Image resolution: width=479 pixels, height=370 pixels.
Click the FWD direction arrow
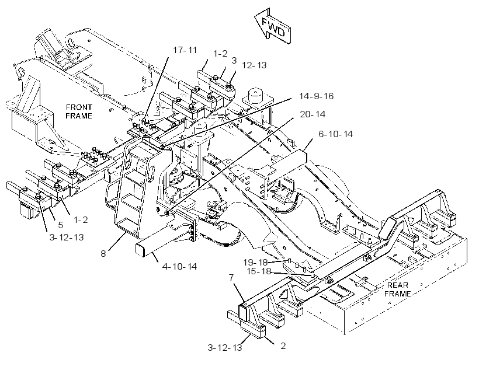tap(272, 27)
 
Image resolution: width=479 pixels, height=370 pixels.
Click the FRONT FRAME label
tap(79, 111)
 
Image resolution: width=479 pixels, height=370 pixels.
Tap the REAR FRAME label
tap(397, 289)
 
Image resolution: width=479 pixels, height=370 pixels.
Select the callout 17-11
tap(185, 50)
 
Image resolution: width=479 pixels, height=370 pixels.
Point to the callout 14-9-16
tap(316, 96)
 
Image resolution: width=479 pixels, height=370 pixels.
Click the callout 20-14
tap(313, 114)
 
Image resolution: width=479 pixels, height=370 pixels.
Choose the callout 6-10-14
tap(335, 134)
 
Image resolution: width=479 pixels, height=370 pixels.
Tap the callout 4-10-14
tap(180, 267)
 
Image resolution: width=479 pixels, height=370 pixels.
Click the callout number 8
tap(103, 253)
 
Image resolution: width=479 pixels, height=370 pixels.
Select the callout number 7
tap(231, 278)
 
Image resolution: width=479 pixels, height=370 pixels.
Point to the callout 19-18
tap(255, 262)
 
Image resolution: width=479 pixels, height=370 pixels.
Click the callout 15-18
tap(259, 271)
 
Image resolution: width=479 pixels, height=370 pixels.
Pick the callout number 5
tap(61, 225)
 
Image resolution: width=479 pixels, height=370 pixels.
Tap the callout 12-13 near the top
tap(254, 65)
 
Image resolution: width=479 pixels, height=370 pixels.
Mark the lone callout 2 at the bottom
tap(283, 346)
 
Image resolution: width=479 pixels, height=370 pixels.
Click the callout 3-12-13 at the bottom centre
tap(225, 347)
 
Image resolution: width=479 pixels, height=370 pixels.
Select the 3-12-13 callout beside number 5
tap(67, 237)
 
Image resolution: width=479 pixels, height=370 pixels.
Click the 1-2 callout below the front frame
tap(81, 220)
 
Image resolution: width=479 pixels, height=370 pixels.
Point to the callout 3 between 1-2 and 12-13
tap(234, 61)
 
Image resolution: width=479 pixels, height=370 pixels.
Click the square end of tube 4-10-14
tap(140, 249)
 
